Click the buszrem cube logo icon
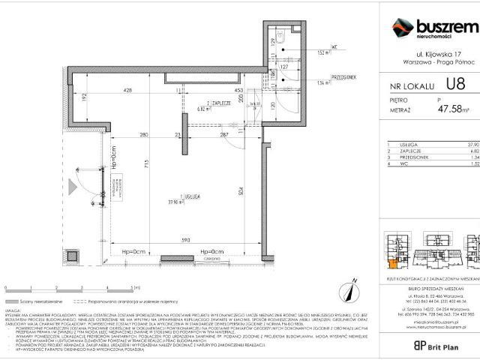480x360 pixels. click(403, 28)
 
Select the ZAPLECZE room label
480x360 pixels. click(220, 104)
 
